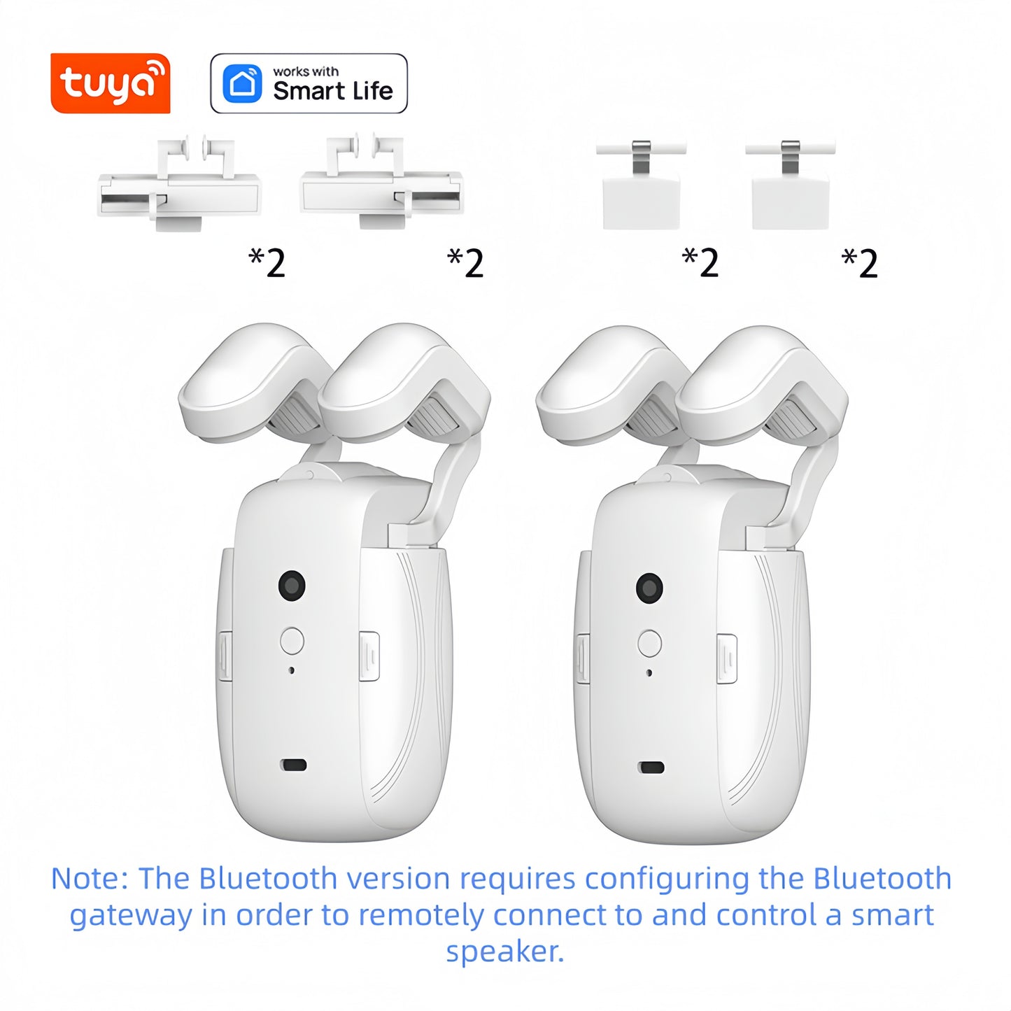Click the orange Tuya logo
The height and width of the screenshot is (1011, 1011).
[x=111, y=83]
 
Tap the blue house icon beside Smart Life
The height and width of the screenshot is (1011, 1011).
[x=242, y=84]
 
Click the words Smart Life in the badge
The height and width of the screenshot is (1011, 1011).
[x=332, y=91]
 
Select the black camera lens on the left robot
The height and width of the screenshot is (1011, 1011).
[x=292, y=584]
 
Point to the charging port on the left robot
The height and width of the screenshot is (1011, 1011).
[x=293, y=765]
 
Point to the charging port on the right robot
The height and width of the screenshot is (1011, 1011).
[x=651, y=767]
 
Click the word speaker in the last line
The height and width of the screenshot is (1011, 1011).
[x=504, y=952]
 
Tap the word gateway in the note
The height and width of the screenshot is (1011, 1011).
[x=131, y=916]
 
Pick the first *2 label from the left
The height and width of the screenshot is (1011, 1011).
[x=267, y=263]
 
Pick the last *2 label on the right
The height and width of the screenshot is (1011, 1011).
[x=860, y=263]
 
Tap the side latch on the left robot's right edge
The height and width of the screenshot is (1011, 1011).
[x=369, y=656]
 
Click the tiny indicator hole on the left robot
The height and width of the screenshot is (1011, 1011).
[x=292, y=670]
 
